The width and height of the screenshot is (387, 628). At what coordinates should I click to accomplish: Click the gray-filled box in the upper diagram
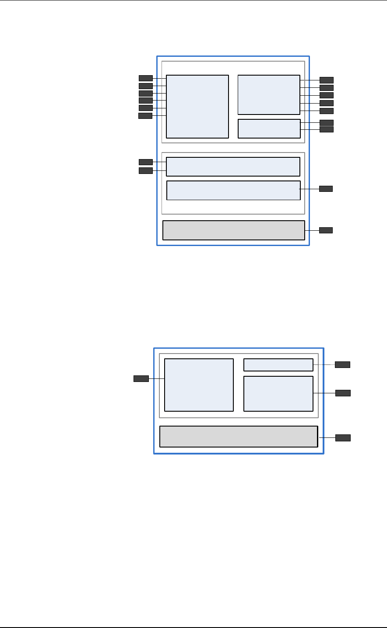tap(233, 230)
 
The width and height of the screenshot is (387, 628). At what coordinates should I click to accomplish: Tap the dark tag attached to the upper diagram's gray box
tap(326, 230)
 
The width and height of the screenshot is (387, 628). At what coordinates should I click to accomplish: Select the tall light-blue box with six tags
tap(197, 107)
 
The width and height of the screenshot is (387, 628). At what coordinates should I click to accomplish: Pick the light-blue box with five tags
tap(269, 94)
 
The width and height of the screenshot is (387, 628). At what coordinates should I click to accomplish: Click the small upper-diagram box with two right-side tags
tap(269, 128)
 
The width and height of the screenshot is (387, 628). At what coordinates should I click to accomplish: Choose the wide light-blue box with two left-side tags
tap(233, 167)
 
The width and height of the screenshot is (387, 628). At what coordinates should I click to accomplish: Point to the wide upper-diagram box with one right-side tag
tap(233, 191)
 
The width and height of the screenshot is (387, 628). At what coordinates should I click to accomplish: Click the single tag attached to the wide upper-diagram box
tap(326, 189)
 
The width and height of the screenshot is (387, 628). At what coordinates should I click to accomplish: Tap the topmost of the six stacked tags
tap(146, 78)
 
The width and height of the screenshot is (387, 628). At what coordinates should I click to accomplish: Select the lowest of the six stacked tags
tap(145, 116)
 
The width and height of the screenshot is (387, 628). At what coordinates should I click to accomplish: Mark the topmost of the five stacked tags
tap(327, 80)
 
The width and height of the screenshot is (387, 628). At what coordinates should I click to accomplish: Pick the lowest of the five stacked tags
tap(327, 111)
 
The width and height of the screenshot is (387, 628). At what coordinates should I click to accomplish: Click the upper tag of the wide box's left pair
tap(146, 162)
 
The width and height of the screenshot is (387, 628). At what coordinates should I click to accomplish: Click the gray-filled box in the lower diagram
tap(238, 437)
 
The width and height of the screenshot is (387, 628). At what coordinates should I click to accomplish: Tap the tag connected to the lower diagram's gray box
tap(343, 438)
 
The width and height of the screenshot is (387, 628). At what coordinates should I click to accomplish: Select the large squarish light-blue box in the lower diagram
tap(199, 385)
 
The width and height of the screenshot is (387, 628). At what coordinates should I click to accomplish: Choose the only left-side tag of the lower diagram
tap(141, 378)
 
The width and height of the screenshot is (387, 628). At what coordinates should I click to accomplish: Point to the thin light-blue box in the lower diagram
tap(278, 365)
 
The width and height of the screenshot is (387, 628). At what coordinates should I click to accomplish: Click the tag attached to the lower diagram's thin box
tap(342, 364)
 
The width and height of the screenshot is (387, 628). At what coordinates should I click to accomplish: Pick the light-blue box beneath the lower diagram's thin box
tap(278, 394)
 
